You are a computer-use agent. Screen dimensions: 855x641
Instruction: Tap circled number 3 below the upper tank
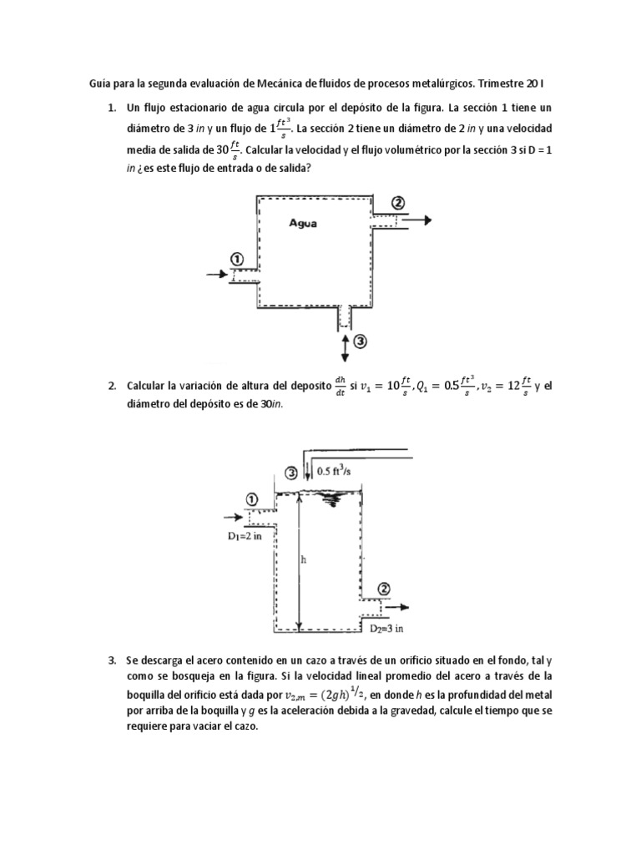pyautogui.click(x=360, y=341)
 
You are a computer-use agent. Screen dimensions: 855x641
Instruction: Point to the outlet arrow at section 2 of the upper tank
pyautogui.click(x=417, y=220)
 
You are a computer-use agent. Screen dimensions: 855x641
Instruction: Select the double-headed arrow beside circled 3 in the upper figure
pyautogui.click(x=344, y=344)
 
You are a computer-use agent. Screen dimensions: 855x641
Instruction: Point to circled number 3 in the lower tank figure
pyautogui.click(x=290, y=473)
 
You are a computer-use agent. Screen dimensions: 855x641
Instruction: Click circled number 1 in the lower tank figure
pyautogui.click(x=252, y=498)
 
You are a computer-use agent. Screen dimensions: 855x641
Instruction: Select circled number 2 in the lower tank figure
pyautogui.click(x=383, y=589)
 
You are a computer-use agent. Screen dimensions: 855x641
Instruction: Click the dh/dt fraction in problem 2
pyautogui.click(x=340, y=385)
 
